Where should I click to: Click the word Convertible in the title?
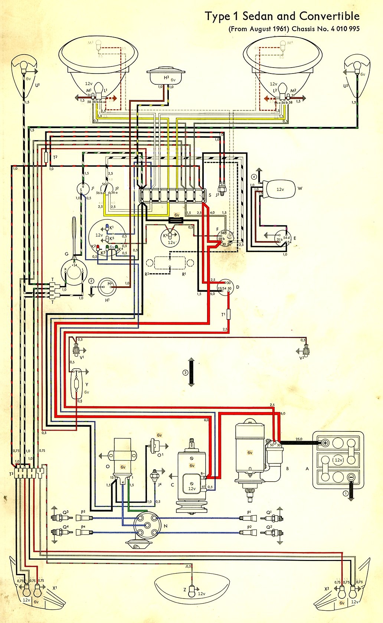click(x=329, y=16)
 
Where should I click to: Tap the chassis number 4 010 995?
click(x=345, y=29)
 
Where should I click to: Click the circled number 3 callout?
click(x=185, y=373)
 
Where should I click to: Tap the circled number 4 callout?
click(x=254, y=176)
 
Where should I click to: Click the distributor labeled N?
click(x=147, y=525)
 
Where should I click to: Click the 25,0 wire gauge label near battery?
click(x=299, y=439)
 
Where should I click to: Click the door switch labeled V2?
click(x=306, y=350)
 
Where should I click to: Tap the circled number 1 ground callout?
click(x=346, y=493)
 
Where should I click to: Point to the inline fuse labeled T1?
click(x=228, y=315)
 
